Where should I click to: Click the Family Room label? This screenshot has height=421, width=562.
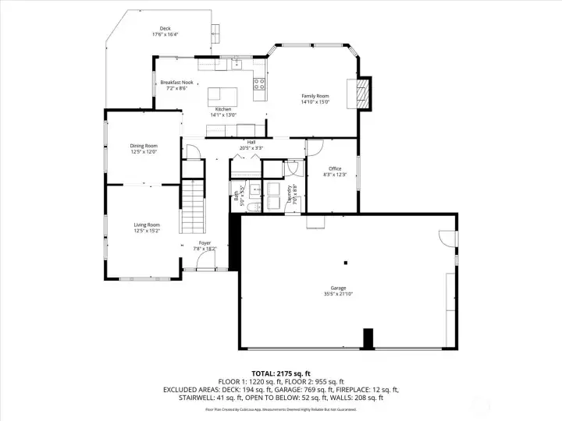[315, 96]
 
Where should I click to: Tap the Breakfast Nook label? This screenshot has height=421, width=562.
[176, 82]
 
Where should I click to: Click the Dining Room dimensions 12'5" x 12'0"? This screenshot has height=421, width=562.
[144, 152]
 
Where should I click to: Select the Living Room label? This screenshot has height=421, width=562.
[146, 225]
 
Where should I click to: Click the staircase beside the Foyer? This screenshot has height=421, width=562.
[192, 207]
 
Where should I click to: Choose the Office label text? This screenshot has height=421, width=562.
[335, 168]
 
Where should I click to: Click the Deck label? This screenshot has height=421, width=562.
[165, 28]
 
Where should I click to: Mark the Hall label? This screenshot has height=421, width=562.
[251, 142]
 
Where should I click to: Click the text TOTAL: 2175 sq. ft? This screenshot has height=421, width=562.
[280, 373]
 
